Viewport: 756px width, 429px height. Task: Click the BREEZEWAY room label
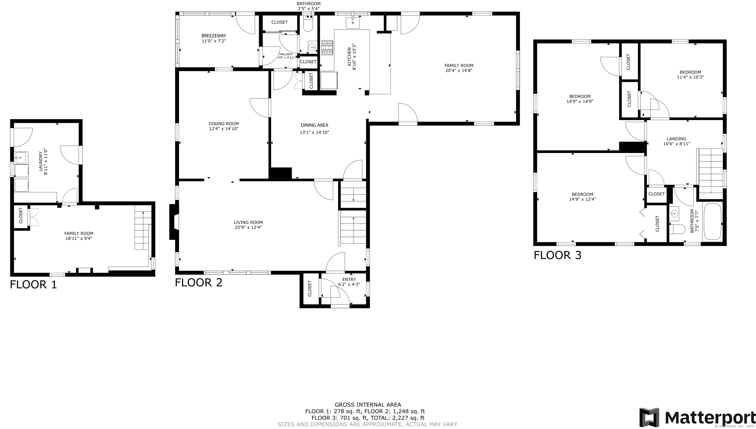click(x=214, y=36)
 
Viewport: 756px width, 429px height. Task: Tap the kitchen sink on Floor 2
click(x=353, y=23)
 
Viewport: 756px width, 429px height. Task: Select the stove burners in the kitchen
click(x=327, y=48)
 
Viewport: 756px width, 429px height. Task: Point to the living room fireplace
click(x=174, y=222)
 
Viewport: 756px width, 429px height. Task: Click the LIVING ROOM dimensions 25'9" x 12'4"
click(x=248, y=227)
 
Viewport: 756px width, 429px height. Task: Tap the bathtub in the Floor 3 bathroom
click(x=712, y=222)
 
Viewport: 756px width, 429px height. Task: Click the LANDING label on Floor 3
click(x=677, y=139)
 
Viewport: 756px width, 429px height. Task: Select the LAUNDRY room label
click(x=41, y=161)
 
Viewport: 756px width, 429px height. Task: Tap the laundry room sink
click(x=21, y=157)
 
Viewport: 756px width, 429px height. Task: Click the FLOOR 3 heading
click(x=557, y=255)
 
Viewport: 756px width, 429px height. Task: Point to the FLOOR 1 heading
click(x=33, y=285)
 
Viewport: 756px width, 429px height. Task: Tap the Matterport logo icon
click(x=649, y=417)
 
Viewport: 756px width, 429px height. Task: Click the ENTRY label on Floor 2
click(x=349, y=279)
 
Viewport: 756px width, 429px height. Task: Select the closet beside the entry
click(x=310, y=289)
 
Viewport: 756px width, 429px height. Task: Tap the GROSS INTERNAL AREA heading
click(x=367, y=405)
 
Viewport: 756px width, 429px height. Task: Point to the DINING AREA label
click(x=314, y=125)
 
